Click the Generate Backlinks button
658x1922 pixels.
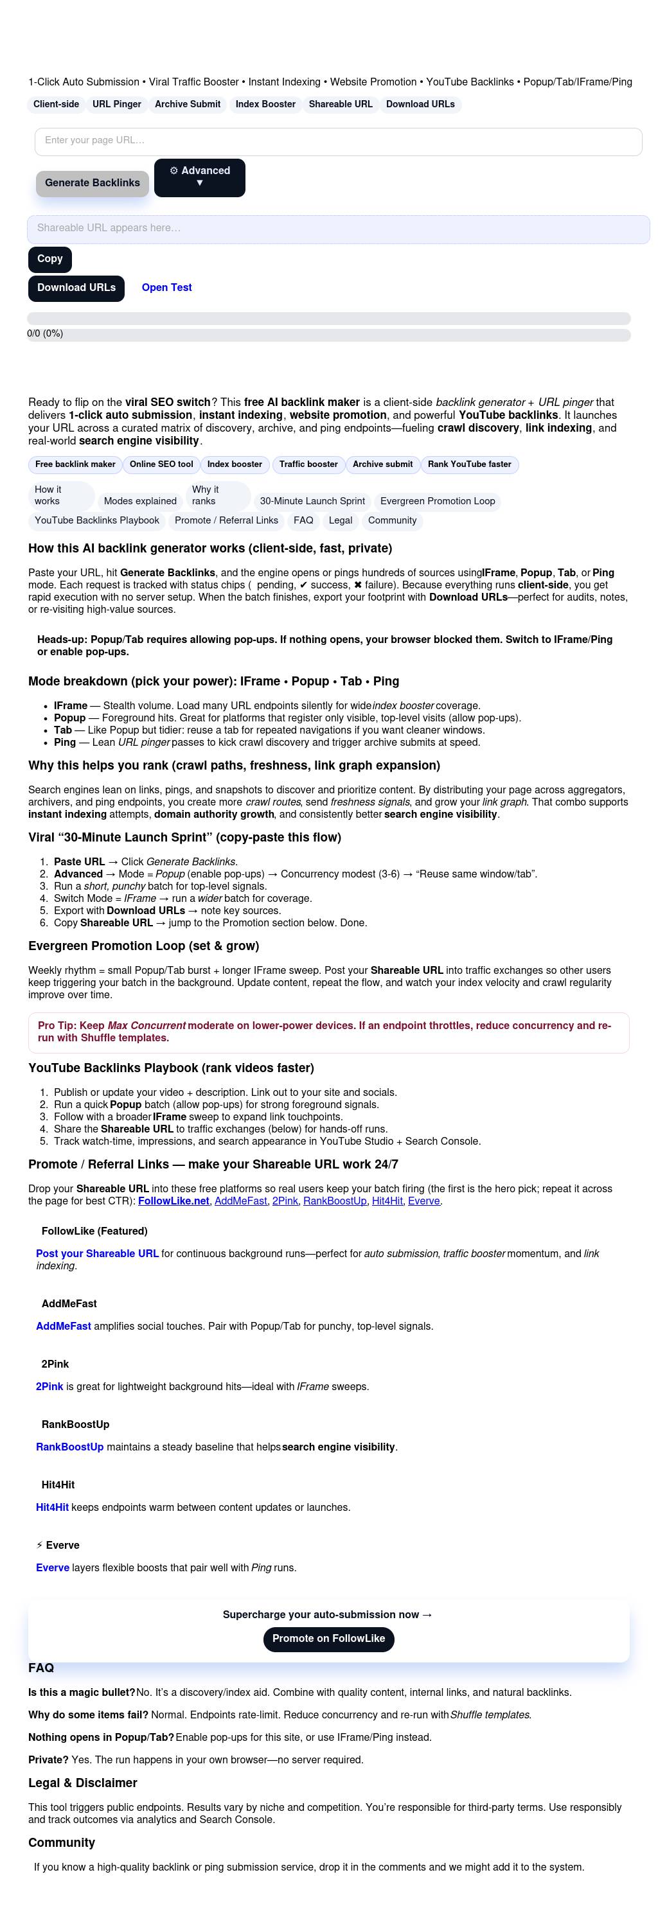(92, 183)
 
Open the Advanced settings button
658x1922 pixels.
(199, 177)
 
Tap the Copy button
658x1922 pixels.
(50, 259)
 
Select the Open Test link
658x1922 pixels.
(166, 287)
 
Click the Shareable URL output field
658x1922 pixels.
(338, 228)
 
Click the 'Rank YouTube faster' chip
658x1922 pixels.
(469, 464)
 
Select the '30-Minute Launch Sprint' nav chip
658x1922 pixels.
(312, 502)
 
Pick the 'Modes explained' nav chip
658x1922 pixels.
(140, 502)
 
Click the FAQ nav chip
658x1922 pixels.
(303, 521)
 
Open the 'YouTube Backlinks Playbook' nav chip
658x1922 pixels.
(97, 521)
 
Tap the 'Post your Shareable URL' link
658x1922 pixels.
(97, 1253)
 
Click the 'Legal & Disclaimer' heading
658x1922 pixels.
(83, 1783)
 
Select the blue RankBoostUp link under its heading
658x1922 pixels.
(69, 1447)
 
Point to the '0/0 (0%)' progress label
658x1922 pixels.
(45, 333)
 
